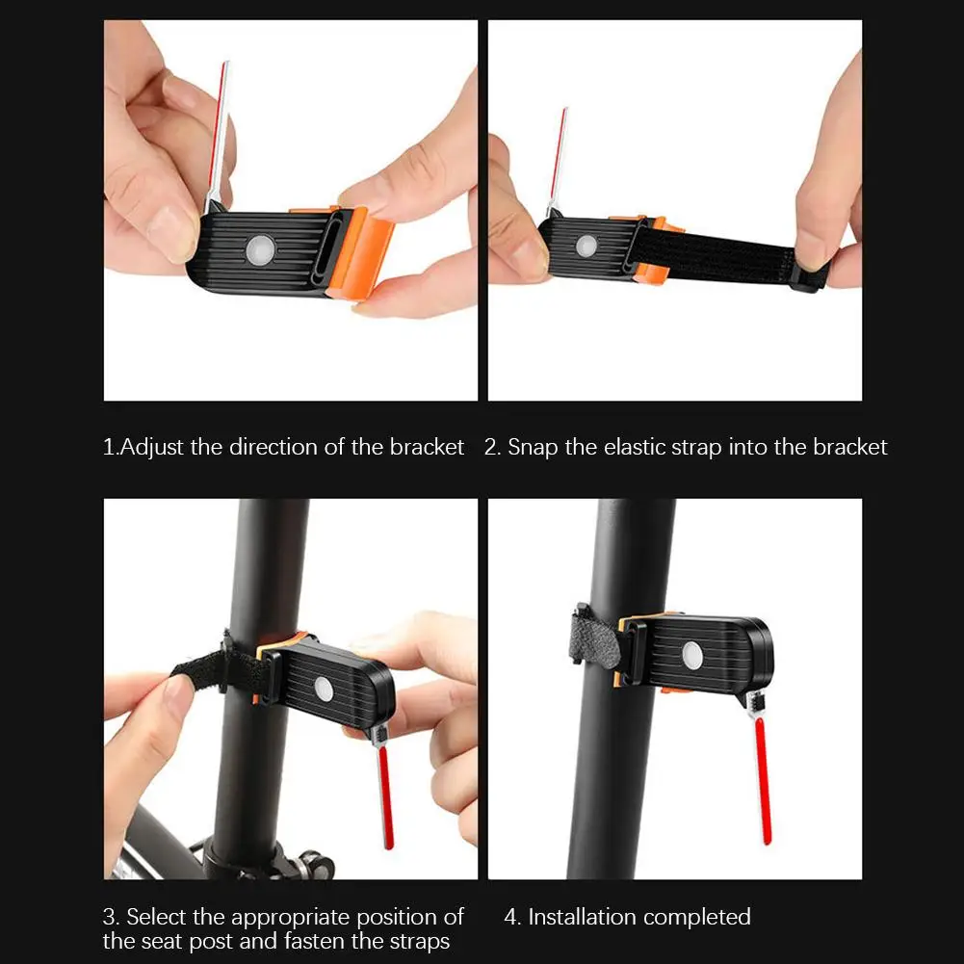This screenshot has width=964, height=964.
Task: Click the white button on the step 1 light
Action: (x=261, y=250)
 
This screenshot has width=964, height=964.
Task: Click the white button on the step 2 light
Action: (x=586, y=246)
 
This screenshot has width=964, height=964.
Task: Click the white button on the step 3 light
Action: (x=324, y=690)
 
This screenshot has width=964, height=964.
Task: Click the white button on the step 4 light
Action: (x=692, y=655)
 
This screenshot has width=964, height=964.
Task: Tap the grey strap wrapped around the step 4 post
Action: (x=594, y=639)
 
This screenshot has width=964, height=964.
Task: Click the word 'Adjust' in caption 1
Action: (x=152, y=448)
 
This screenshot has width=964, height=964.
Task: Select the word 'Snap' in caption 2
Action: (x=533, y=448)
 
